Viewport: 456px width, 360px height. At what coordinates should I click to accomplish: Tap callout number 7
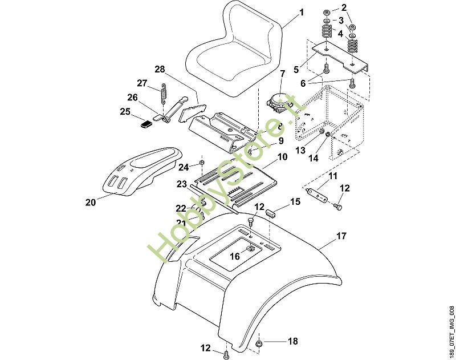[x=282, y=74]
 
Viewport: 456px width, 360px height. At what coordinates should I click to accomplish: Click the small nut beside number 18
[x=259, y=343]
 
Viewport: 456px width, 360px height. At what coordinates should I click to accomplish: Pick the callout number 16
[x=235, y=257]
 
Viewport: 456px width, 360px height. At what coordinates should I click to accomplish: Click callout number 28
[x=160, y=70]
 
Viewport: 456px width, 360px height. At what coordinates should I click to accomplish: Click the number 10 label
[x=282, y=156]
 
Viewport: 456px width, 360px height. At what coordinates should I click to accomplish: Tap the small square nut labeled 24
[x=202, y=164]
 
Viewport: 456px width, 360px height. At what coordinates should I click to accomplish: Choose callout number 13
[x=300, y=150]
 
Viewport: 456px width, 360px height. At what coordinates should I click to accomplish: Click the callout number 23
[x=181, y=184]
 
